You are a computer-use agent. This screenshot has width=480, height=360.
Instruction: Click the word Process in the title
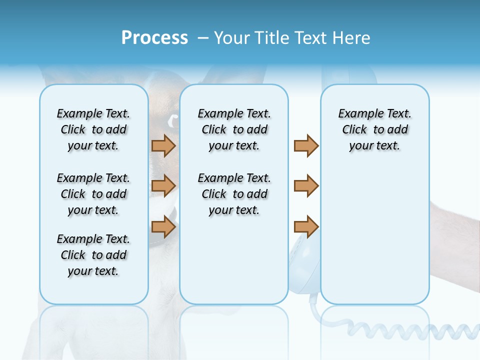pos(154,38)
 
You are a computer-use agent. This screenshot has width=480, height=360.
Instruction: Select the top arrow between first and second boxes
pos(163,146)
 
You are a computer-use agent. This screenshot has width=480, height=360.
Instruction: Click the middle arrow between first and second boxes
pos(163,186)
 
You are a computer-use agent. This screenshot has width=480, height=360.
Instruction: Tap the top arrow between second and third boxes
pos(306,146)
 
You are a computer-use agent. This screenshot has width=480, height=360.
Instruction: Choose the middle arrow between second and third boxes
pos(306,186)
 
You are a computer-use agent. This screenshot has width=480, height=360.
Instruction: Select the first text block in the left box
pos(93,129)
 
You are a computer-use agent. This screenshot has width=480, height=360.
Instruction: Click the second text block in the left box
pos(93,194)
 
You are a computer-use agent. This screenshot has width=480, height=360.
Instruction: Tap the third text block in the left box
pos(93,255)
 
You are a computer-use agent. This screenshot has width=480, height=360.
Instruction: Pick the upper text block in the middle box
pos(234,129)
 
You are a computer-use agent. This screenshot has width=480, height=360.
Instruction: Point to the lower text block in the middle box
pos(234,194)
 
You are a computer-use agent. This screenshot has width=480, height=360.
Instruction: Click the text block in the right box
pos(374,129)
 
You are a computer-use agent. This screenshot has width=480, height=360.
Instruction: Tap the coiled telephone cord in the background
pos(410,330)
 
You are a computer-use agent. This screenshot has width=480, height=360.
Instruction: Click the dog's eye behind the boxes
pos(172,120)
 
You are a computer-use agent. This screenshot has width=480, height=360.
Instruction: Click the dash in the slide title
pos(203,38)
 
